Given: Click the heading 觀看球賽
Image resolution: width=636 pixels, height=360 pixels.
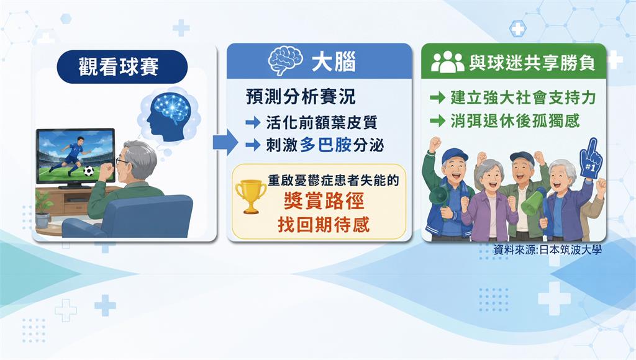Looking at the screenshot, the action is coord(119,66).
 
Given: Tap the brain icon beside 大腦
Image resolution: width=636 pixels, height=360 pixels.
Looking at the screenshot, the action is coord(285,61).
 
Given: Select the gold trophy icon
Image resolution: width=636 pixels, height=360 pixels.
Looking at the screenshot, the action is coord(251,196).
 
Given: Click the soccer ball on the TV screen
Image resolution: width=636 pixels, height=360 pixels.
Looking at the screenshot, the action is coord(88,171).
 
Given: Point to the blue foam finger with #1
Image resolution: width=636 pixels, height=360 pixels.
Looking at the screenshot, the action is coord(591,158).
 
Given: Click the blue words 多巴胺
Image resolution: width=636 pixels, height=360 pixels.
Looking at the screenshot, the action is coord(325,145).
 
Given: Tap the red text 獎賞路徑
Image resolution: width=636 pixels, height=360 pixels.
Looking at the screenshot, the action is coord(324,201).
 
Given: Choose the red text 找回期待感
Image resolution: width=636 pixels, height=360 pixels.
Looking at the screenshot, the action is coord(324,224).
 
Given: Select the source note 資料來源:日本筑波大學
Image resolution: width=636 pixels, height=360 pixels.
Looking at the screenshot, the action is coord(547,250).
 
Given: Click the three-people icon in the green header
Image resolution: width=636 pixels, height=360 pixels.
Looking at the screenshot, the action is coord(447,63).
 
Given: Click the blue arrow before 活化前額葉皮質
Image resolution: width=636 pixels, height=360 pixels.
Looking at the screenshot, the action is coord(253,122).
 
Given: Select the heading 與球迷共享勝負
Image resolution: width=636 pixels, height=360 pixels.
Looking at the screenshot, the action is coord(532,63).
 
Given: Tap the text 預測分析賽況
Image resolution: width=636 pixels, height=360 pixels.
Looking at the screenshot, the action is coord(301,97).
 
